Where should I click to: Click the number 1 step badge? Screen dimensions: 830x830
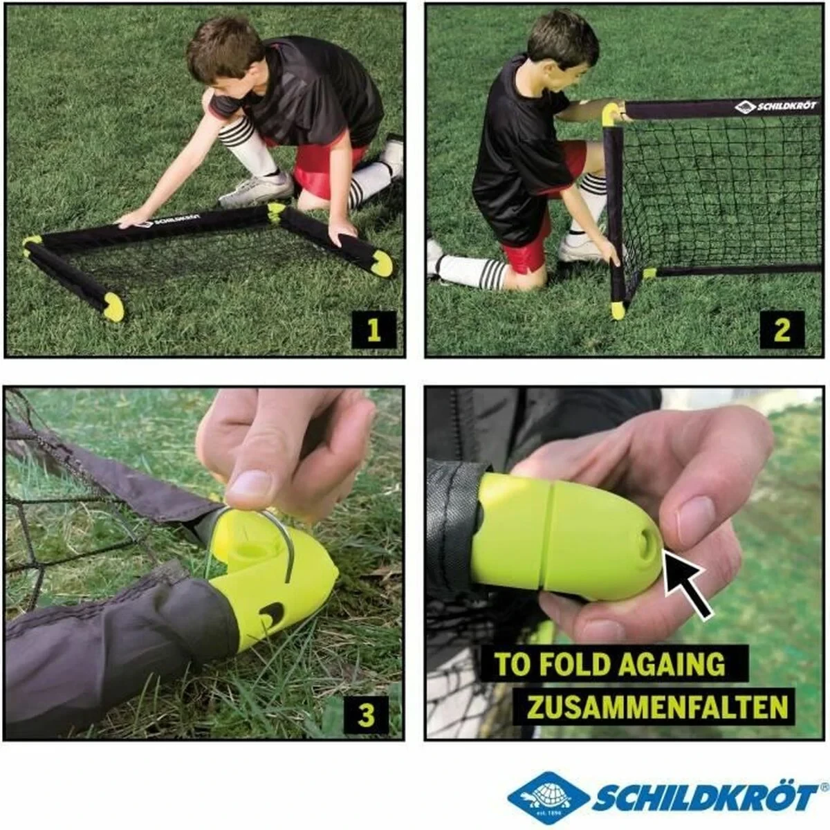(373, 329)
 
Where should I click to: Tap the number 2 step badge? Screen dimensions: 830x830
(782, 329)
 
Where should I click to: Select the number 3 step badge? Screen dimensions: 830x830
(366, 714)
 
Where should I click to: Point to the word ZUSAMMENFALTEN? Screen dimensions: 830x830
(657, 707)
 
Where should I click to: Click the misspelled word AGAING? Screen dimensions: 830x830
(672, 664)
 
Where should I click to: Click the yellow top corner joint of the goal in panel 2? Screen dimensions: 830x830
(611, 113)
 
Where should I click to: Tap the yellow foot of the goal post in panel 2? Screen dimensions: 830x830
(618, 311)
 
